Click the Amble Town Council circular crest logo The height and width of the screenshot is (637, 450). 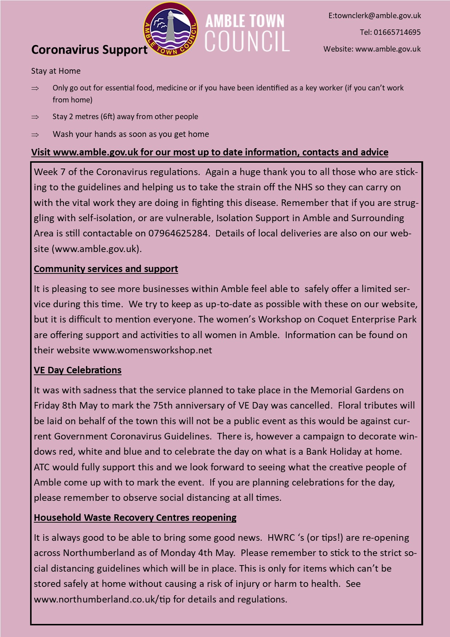pyautogui.click(x=171, y=29)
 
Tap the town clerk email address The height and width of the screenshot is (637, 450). pyautogui.click(x=375, y=16)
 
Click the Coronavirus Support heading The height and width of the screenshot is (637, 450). pyautogui.click(x=89, y=50)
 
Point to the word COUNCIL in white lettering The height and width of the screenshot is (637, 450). pyautogui.click(x=247, y=41)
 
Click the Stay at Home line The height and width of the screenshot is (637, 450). pyautogui.click(x=56, y=71)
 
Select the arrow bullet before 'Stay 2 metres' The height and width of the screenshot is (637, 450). pyautogui.click(x=35, y=117)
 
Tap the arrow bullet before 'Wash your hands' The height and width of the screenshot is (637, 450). pyautogui.click(x=35, y=134)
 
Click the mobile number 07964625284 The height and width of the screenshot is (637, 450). pyautogui.click(x=178, y=233)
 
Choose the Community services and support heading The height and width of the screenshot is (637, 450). pyautogui.click(x=106, y=269)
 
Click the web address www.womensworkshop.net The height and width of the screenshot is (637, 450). pyautogui.click(x=152, y=350)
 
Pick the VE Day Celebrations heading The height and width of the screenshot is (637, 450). pyautogui.click(x=78, y=370)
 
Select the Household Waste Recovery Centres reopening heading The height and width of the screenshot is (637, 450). pyautogui.click(x=135, y=518)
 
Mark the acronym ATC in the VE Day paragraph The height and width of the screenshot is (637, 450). pyautogui.click(x=42, y=467)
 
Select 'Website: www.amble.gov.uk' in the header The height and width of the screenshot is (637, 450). pyautogui.click(x=372, y=49)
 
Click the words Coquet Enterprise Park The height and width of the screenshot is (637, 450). pyautogui.click(x=367, y=319)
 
